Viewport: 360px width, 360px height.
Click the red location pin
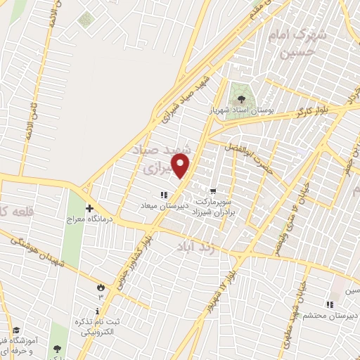(x=181, y=166)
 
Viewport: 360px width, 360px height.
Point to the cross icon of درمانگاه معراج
(x=89, y=209)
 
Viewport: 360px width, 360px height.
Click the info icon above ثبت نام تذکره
(x=97, y=311)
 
